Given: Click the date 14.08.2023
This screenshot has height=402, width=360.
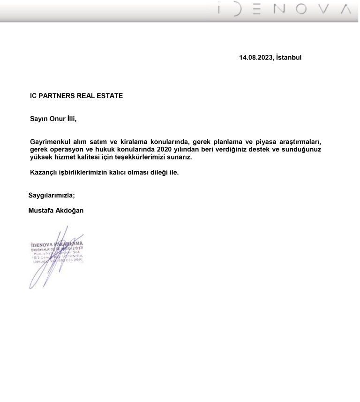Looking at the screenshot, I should click(x=256, y=57).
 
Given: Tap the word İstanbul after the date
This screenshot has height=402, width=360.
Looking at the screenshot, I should click(x=289, y=57).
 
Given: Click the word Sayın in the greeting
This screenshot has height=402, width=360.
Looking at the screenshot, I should click(x=39, y=119).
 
